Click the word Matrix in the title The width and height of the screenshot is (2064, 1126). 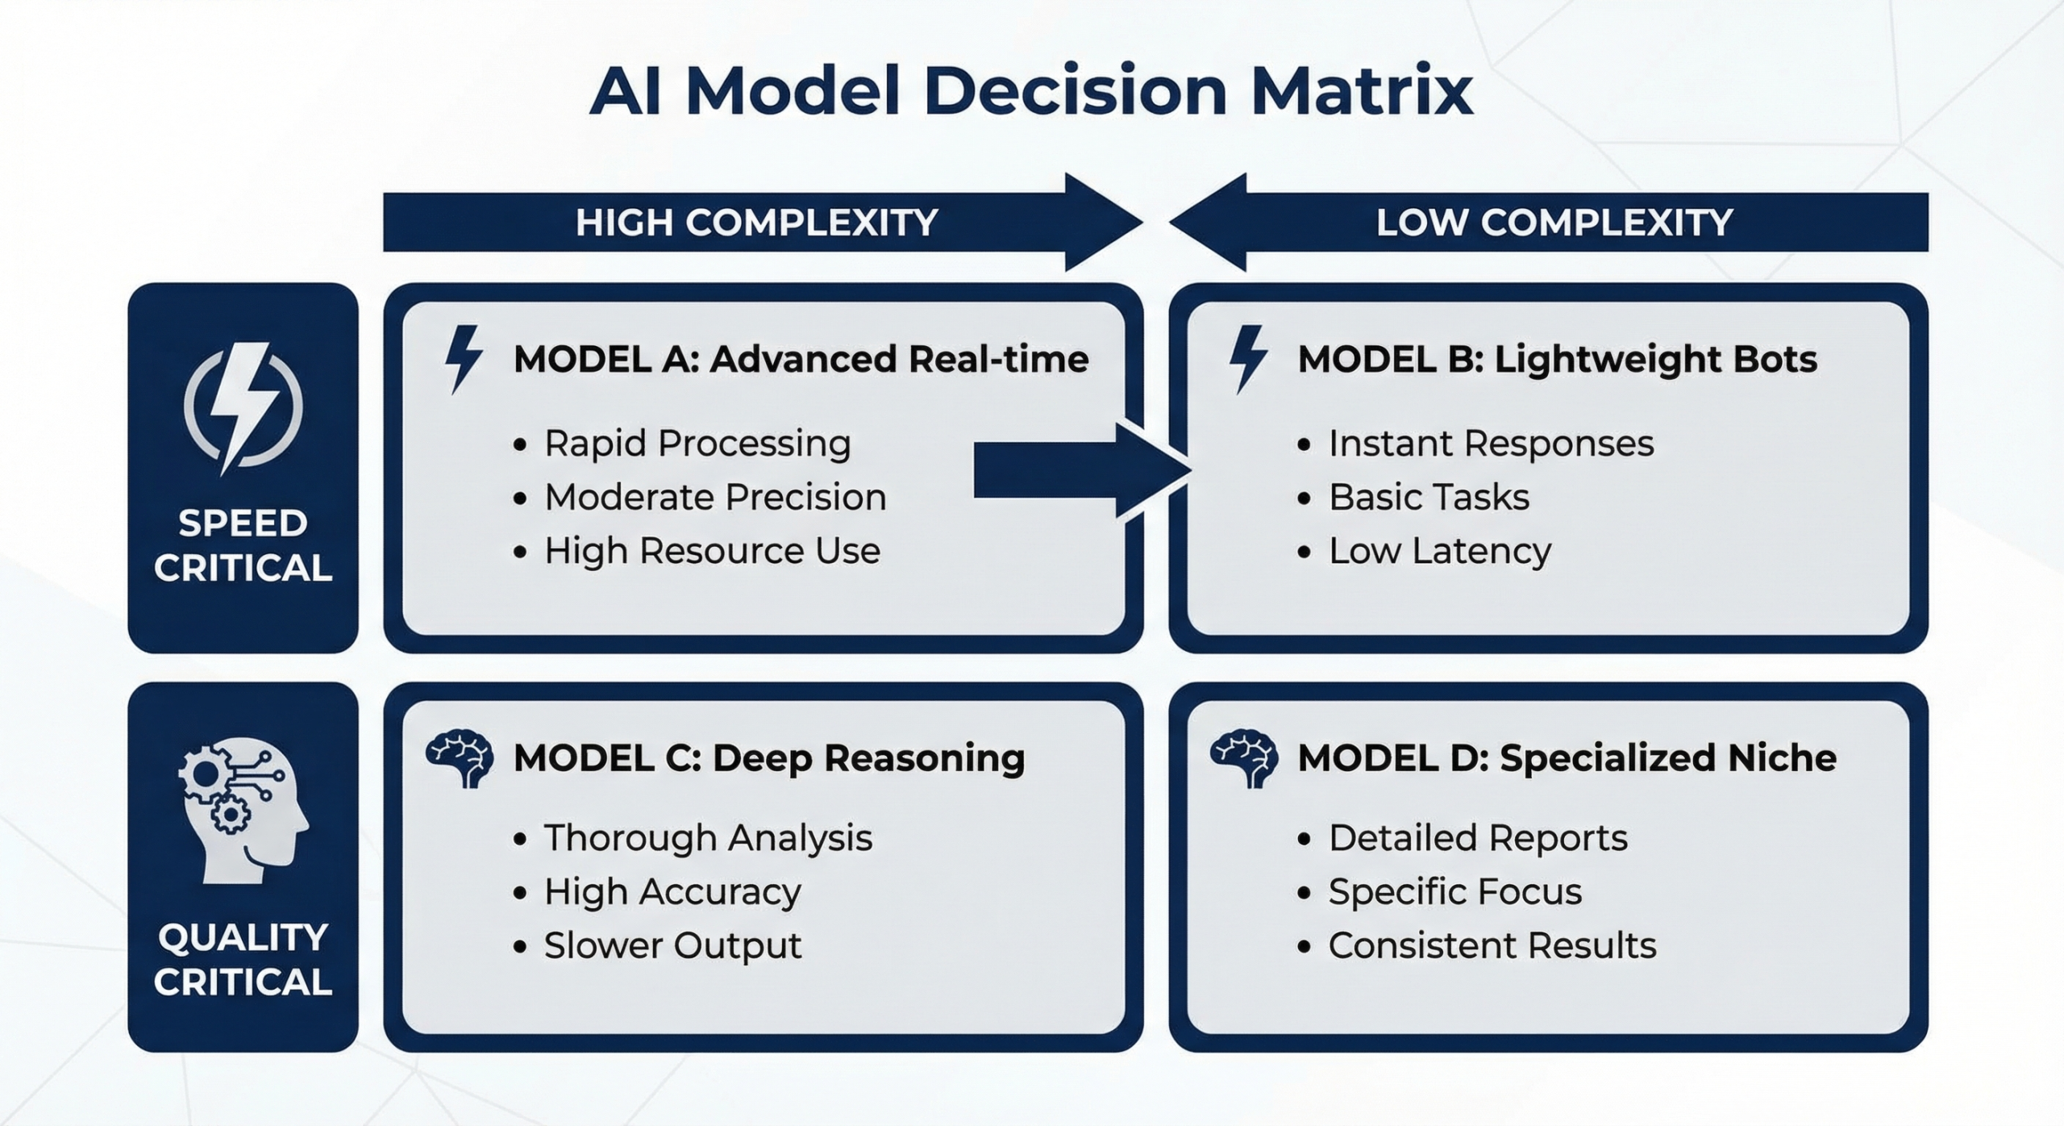click(x=1362, y=91)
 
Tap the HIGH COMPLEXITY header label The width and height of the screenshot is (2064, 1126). click(x=756, y=223)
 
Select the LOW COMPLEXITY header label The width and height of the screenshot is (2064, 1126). click(x=1554, y=223)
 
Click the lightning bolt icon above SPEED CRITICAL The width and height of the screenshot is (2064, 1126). click(x=243, y=407)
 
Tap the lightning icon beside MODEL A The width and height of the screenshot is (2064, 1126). click(x=464, y=359)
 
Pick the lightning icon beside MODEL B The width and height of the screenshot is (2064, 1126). click(x=1247, y=359)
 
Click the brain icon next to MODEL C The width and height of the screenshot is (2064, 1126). click(x=460, y=758)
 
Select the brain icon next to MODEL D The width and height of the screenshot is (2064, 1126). click(x=1244, y=758)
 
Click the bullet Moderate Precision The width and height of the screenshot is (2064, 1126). click(x=715, y=498)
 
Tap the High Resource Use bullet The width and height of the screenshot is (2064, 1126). click(x=712, y=552)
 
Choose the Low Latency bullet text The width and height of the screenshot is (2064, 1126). click(x=1439, y=552)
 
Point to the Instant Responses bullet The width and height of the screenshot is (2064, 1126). click(x=1491, y=444)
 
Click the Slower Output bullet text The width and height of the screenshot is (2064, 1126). click(x=672, y=946)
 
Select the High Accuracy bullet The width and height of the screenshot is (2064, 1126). click(x=672, y=892)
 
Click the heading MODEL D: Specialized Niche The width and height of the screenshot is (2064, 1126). click(x=1567, y=758)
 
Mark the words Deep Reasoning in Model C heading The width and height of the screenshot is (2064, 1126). click(x=868, y=758)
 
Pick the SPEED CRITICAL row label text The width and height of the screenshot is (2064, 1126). click(x=243, y=546)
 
